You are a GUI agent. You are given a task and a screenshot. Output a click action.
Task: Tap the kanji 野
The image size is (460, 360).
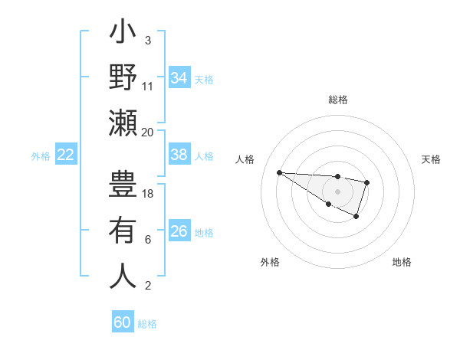[123, 78]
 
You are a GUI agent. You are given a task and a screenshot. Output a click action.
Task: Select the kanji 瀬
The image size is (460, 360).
[123, 123]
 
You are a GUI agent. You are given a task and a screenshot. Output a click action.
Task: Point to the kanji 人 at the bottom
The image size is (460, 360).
[123, 276]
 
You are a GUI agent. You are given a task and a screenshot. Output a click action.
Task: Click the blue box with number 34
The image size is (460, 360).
[179, 78]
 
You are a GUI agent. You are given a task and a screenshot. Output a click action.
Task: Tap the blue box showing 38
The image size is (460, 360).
[179, 155]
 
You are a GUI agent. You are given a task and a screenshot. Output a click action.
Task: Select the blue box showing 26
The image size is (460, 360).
[179, 231]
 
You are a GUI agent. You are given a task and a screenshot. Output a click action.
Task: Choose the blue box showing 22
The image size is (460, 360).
[66, 155]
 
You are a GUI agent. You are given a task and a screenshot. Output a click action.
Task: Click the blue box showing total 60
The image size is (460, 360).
[123, 322]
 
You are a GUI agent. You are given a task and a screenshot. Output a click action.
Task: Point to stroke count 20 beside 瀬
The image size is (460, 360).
[148, 132]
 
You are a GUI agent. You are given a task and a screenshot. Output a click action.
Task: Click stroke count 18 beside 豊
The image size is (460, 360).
[148, 194]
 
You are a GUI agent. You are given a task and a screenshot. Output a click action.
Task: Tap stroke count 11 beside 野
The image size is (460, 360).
[148, 86]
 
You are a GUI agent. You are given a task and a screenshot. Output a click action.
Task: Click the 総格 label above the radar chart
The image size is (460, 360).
[337, 100]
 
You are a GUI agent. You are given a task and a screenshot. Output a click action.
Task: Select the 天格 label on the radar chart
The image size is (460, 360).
[432, 159]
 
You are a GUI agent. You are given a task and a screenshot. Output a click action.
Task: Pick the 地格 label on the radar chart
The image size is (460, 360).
[402, 262]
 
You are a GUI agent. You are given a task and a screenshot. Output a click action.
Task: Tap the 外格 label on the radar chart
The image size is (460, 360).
[270, 262]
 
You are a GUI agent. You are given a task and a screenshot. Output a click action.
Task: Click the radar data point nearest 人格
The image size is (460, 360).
[279, 172]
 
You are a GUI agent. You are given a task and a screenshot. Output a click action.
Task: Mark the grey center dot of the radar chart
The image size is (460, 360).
[337, 191]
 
